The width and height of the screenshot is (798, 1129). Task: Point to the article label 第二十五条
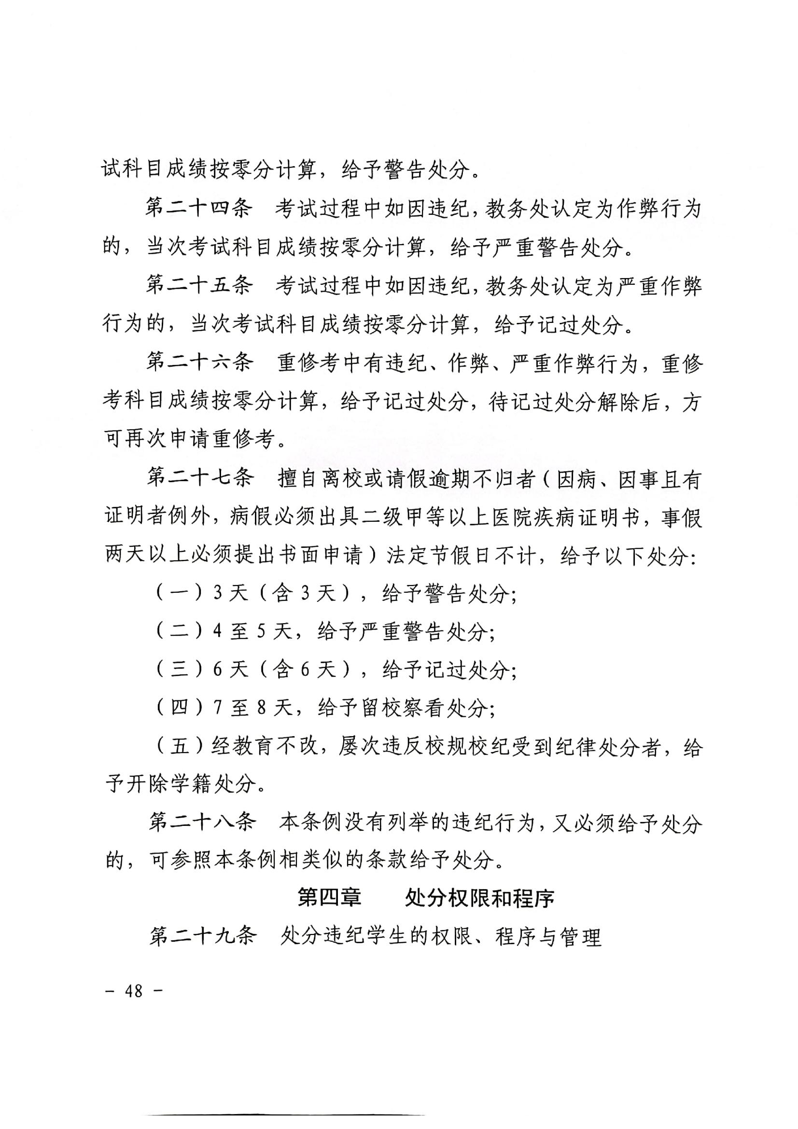pyautogui.click(x=199, y=285)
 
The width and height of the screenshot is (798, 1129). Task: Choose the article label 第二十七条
pyautogui.click(x=200, y=477)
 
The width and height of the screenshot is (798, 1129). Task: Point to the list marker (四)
pyautogui.click(x=180, y=708)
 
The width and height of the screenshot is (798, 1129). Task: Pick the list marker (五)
pyautogui.click(x=180, y=746)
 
